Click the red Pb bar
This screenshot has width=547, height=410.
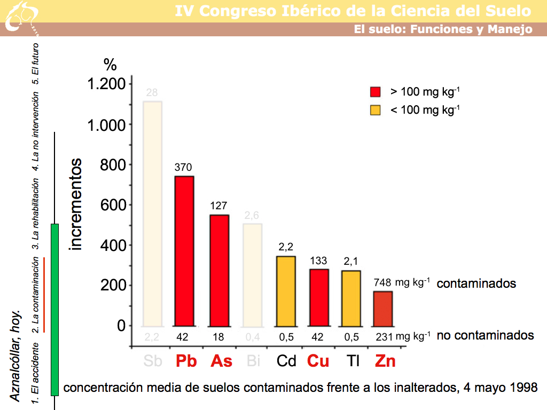tap(183, 251)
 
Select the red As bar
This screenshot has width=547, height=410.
tap(219, 270)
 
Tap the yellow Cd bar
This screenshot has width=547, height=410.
tap(286, 291)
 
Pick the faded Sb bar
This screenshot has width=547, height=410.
tap(152, 214)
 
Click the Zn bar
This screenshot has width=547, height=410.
tap(382, 308)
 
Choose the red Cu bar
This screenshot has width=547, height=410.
tap(319, 297)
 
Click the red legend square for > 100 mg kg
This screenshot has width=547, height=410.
tap(375, 92)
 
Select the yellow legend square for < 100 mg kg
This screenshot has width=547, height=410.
tap(375, 110)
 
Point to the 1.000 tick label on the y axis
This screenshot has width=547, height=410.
tap(106, 125)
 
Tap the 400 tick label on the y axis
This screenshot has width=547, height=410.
tap(113, 246)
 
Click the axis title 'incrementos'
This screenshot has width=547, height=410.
tap(76, 204)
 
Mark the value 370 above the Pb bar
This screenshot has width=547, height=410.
tap(183, 168)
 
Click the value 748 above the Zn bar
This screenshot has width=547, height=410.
tap(382, 283)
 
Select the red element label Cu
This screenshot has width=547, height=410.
tap(318, 361)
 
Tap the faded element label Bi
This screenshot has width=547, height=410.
tap(253, 361)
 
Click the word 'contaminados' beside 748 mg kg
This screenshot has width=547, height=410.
tap(476, 283)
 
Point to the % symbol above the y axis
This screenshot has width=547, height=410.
tap(110, 65)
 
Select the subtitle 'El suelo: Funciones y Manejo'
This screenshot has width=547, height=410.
tap(443, 29)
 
